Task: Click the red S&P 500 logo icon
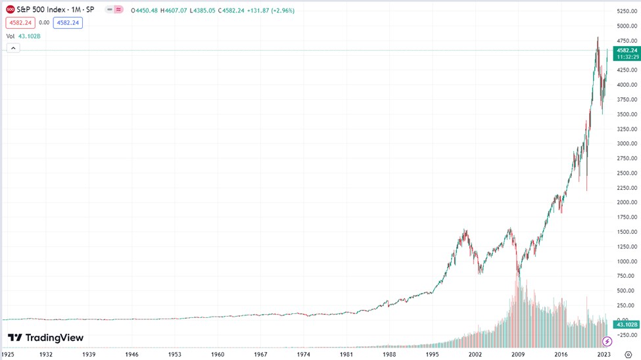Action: [x=11, y=10]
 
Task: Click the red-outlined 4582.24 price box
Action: [x=20, y=22]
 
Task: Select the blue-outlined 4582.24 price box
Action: [x=68, y=22]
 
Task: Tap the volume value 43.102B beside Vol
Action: [x=29, y=36]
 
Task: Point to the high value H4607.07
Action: [x=173, y=10]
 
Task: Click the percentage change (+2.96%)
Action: [x=282, y=10]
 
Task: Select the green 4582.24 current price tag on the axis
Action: [x=626, y=50]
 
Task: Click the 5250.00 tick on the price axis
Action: [x=627, y=11]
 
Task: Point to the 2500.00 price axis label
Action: [x=627, y=173]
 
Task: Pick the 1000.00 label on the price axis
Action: [x=627, y=261]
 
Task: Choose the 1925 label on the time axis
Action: [x=9, y=354]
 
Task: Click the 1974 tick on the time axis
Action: [x=303, y=354]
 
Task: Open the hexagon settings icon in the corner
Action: [x=628, y=354]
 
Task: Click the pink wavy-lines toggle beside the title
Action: [x=118, y=10]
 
